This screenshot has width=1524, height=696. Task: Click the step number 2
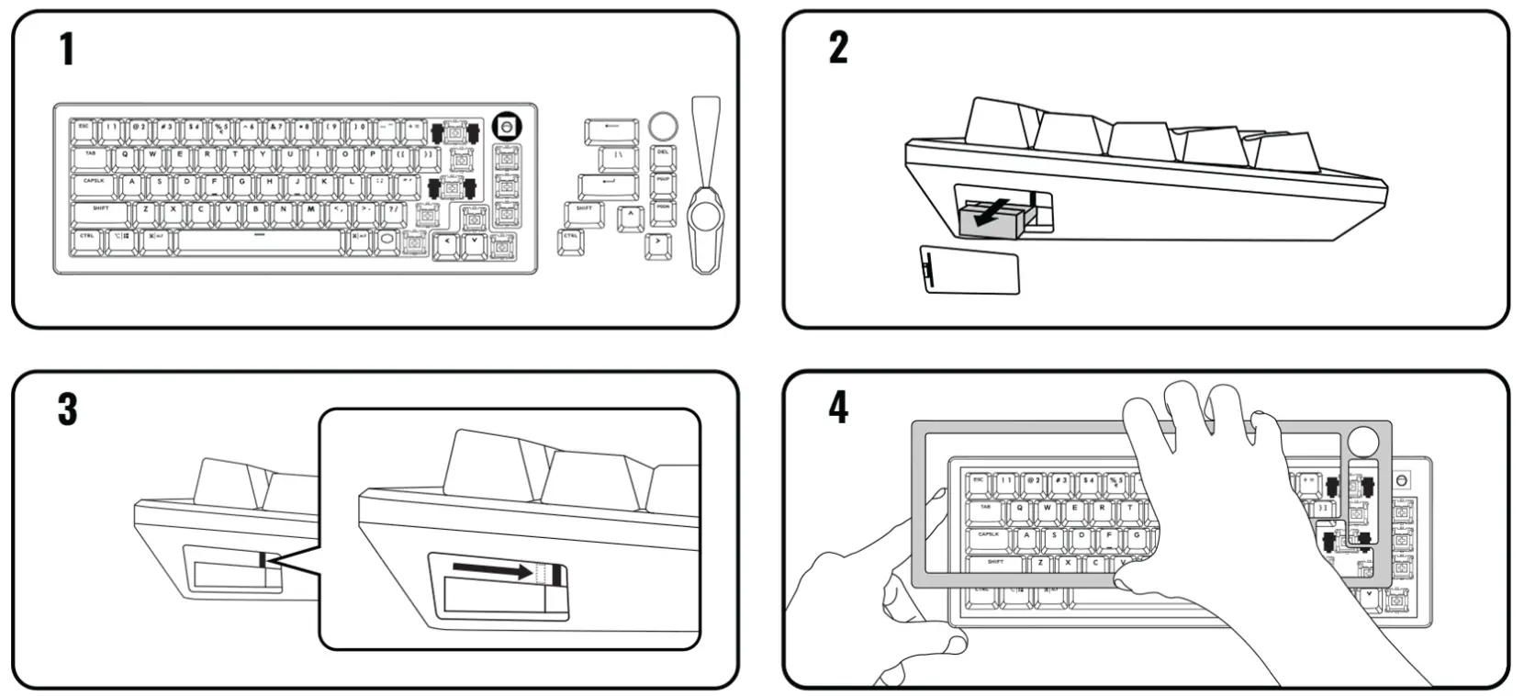[x=838, y=48]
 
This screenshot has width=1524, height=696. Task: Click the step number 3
[x=67, y=410]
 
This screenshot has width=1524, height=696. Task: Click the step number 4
[x=838, y=408]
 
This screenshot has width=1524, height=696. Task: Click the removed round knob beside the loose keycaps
[x=663, y=125]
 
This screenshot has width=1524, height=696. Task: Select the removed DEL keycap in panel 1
[x=663, y=155]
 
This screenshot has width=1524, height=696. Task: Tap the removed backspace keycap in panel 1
[x=611, y=128]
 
